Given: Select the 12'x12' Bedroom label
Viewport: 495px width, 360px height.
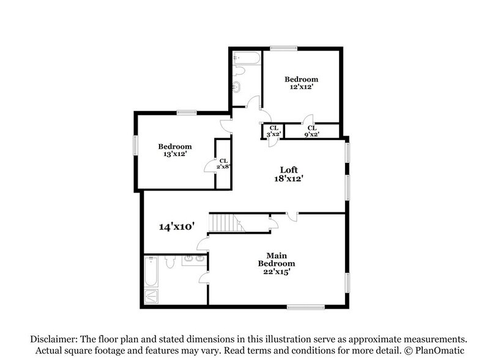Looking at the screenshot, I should (301, 83).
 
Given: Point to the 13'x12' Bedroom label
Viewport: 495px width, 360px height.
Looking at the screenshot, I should (175, 150).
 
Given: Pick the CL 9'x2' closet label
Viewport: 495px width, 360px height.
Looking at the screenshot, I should (311, 131).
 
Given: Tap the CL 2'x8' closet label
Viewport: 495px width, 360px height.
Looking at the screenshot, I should (224, 163).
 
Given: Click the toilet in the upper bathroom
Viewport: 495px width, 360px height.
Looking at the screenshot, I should (241, 73).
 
